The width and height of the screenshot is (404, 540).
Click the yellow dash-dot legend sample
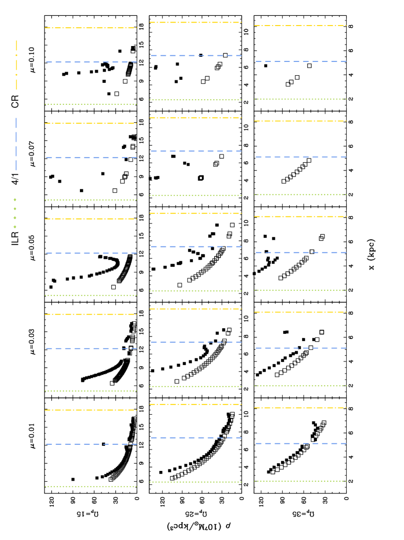click(x=16, y=65)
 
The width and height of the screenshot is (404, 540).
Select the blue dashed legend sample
click(x=16, y=144)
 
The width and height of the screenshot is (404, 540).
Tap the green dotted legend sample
click(x=15, y=213)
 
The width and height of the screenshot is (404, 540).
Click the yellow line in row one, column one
click(x=91, y=28)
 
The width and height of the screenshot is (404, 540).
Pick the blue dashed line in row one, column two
click(x=196, y=55)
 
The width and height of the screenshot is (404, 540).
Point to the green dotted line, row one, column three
click(x=301, y=99)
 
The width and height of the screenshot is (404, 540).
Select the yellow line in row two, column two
click(x=196, y=118)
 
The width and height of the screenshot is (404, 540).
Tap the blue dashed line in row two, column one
click(x=91, y=157)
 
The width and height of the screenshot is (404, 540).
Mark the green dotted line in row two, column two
click(x=196, y=195)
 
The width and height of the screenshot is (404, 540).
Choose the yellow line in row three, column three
click(x=301, y=216)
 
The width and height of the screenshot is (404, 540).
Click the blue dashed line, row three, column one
click(x=91, y=253)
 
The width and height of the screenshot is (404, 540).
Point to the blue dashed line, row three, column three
click(x=301, y=252)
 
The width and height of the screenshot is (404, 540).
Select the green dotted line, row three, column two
click(x=196, y=290)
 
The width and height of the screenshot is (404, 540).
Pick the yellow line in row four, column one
click(x=91, y=314)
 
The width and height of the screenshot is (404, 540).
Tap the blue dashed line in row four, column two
click(x=196, y=342)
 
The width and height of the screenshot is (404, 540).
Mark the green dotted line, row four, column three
click(x=301, y=386)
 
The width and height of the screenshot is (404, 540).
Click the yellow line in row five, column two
click(x=196, y=404)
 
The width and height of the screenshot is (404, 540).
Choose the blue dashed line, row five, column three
click(x=301, y=443)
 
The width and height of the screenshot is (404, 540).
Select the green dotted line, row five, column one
click(x=91, y=486)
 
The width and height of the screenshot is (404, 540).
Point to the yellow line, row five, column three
click(x=301, y=408)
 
